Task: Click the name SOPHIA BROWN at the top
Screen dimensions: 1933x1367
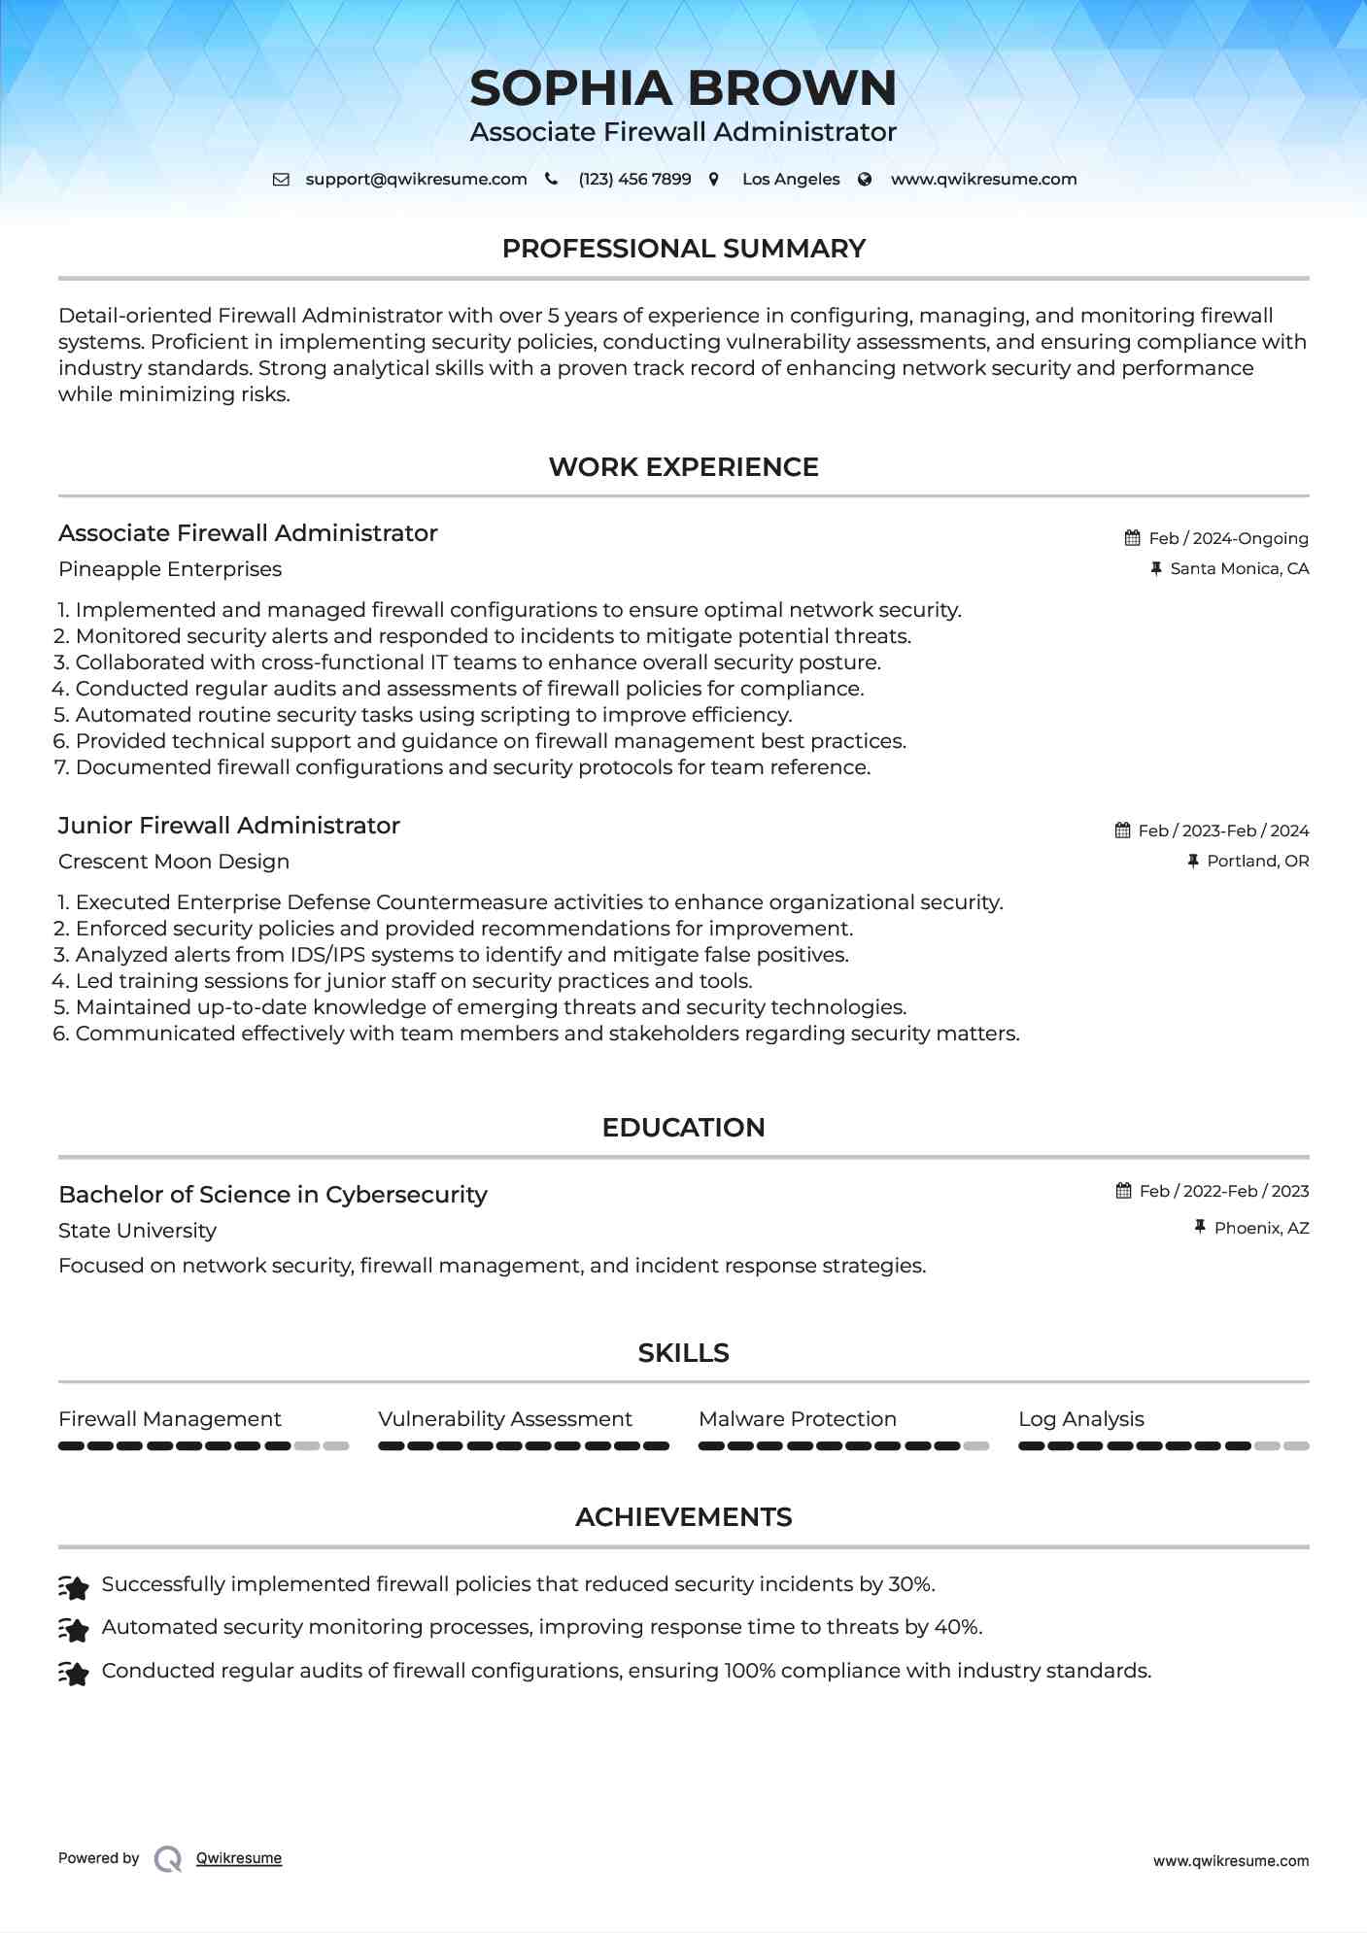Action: (x=683, y=88)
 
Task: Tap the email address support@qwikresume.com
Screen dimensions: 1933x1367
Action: (x=416, y=179)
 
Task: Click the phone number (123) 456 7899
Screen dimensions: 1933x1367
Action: (x=634, y=179)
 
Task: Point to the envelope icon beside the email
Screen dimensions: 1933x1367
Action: (x=281, y=179)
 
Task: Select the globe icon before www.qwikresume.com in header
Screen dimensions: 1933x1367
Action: (x=865, y=179)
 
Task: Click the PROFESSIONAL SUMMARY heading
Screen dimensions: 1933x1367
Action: (x=683, y=249)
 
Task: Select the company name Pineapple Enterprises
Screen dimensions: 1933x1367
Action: (x=170, y=569)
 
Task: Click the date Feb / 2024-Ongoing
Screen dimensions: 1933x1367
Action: (x=1228, y=538)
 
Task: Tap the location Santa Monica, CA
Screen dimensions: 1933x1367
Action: (x=1239, y=568)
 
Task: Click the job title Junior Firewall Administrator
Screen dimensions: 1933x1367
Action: (x=229, y=826)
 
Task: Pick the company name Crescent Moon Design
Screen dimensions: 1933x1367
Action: (x=174, y=862)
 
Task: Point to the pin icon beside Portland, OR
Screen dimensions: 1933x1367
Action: (x=1193, y=861)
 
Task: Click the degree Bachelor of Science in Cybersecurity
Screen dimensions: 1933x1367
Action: (x=273, y=1195)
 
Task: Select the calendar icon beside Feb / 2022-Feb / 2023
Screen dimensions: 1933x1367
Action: (x=1124, y=1191)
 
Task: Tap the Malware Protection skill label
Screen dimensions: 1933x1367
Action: (x=797, y=1419)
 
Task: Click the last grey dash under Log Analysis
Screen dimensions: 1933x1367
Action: (x=1296, y=1446)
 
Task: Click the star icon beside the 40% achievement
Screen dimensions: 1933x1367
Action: (x=74, y=1629)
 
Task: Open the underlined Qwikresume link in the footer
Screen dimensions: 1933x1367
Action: (x=239, y=1858)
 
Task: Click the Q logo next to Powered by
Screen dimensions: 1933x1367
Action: (x=168, y=1858)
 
